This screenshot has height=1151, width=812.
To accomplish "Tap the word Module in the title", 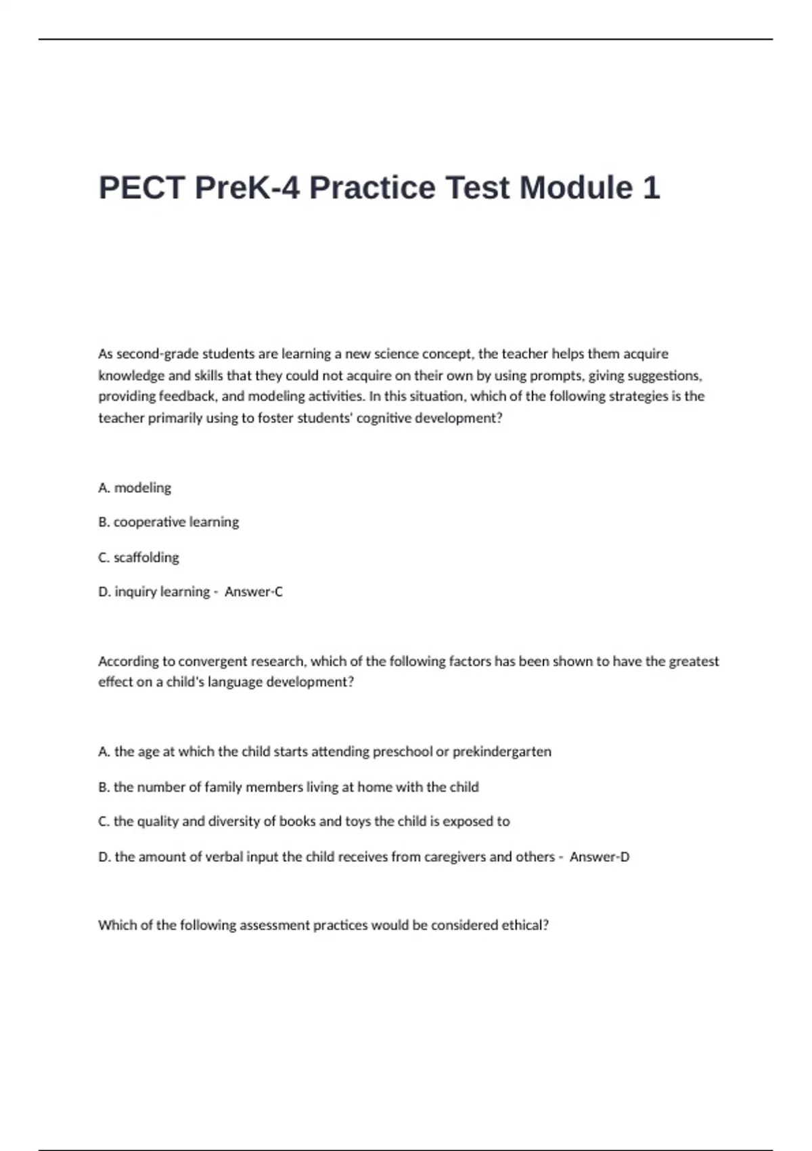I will coord(572,188).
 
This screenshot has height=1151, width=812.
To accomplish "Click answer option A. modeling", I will coord(135,487).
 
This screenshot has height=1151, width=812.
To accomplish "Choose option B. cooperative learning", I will coord(168,522).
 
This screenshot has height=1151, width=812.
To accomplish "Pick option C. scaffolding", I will coord(139,557).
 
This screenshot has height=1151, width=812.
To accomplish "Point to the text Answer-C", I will coord(254,592).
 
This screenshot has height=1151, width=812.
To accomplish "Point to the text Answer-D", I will coord(600,856).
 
